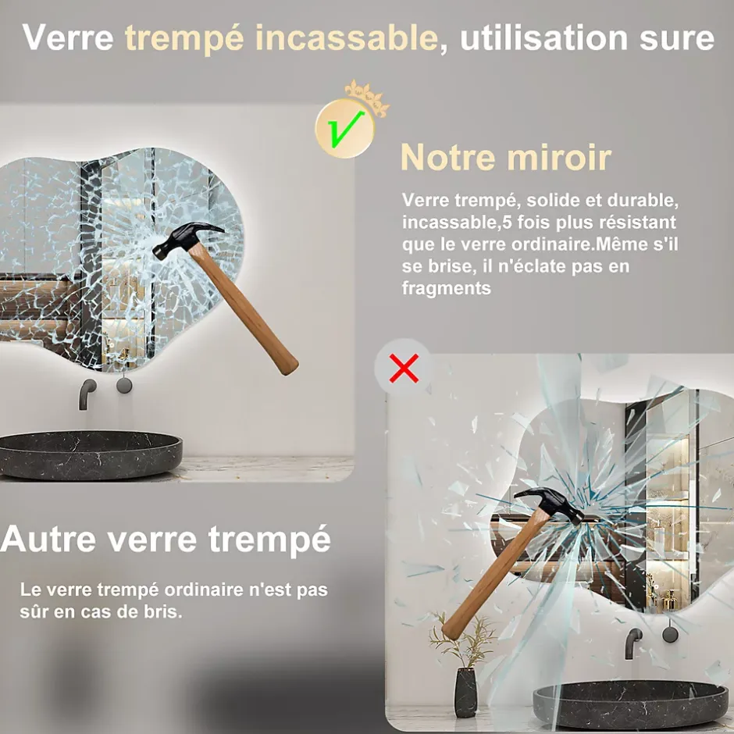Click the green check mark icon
click(345, 129)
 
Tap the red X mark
click(404, 369)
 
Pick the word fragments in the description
click(446, 288)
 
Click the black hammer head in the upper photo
click(186, 240)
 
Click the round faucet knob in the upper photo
click(124, 385)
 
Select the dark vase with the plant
click(466, 693)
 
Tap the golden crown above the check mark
click(367, 97)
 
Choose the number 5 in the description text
click(507, 222)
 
